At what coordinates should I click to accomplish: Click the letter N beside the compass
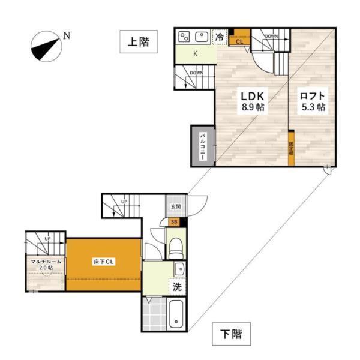[x=67, y=37]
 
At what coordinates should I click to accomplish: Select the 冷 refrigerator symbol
[x=220, y=37]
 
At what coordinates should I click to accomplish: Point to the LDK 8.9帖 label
[x=253, y=102]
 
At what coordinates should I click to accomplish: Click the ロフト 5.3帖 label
[x=313, y=102]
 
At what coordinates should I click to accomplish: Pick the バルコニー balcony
[x=203, y=148]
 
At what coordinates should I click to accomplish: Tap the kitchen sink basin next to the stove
[x=202, y=37]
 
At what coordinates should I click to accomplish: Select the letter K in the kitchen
[x=195, y=53]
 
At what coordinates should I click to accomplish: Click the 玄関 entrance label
[x=176, y=206]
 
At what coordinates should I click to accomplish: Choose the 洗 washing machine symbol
[x=178, y=287]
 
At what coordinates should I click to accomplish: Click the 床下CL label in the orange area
[x=103, y=262]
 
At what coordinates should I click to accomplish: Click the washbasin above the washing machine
[x=179, y=269]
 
